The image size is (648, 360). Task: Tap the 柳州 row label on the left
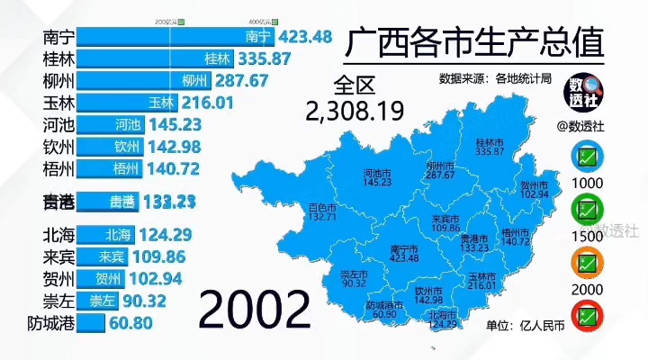tap(58, 80)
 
